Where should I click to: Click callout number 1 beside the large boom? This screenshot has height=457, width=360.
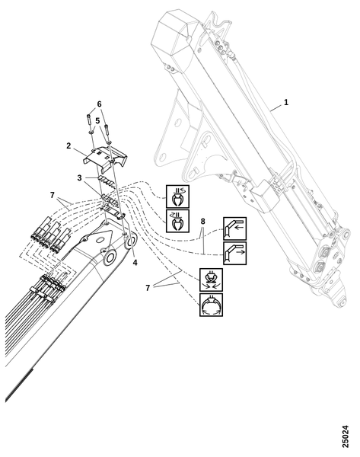point(286,102)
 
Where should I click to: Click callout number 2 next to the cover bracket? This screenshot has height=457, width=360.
point(68,145)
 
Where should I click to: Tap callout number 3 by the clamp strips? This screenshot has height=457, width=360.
point(79,177)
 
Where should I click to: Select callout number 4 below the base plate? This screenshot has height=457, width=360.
point(135,263)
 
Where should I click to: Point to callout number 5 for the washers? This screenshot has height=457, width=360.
point(97,120)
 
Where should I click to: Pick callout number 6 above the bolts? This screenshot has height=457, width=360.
point(99,104)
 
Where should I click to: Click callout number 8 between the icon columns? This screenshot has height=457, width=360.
point(202,222)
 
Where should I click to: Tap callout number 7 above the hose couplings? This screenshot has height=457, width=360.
point(53,195)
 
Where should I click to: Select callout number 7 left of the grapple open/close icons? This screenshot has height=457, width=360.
point(148,288)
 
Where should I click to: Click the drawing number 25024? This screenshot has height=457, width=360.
point(345,436)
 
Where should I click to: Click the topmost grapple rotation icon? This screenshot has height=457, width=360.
point(177,197)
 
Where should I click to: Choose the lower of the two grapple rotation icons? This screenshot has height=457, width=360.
point(177,221)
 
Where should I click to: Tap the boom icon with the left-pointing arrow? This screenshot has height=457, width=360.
point(234,228)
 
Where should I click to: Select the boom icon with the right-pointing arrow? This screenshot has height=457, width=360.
point(234,253)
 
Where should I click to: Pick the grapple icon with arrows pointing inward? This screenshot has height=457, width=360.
point(211,280)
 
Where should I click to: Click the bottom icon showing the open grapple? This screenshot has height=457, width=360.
point(211,305)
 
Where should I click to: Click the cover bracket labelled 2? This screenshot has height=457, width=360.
point(106,158)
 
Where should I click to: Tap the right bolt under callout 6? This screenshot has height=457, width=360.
point(107,130)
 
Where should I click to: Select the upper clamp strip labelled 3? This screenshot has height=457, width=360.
point(107,181)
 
